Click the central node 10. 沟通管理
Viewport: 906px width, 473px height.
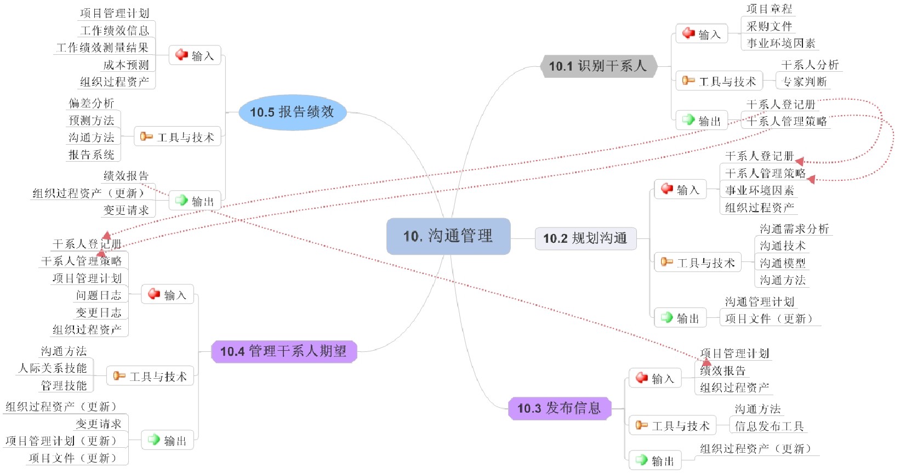tap(448, 236)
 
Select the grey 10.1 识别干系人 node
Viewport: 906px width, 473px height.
tap(598, 66)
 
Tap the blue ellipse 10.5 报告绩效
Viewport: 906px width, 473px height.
tap(292, 112)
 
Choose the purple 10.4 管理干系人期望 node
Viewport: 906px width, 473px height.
tap(283, 351)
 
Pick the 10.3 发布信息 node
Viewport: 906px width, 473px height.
tap(559, 408)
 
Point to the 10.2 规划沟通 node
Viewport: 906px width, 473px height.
tap(585, 238)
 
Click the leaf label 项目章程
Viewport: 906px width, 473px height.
tap(769, 9)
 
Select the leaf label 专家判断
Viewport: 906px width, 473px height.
tap(804, 82)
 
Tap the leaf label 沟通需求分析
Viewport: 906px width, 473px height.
tap(794, 229)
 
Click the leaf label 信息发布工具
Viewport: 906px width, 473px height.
tap(769, 426)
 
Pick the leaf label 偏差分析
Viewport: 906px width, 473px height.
tap(91, 103)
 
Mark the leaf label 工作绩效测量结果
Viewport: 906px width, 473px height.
tap(102, 48)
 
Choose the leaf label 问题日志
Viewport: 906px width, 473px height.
tap(99, 295)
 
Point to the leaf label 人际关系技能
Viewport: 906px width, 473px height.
tap(53, 368)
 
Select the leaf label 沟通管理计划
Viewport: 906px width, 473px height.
tap(759, 301)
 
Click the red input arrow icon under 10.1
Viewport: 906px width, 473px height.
tap(688, 33)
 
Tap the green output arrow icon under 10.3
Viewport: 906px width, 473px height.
tap(641, 460)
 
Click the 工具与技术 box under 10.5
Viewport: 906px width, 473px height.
tap(178, 137)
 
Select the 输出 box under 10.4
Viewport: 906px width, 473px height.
tap(168, 440)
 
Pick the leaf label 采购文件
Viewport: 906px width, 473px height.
tap(769, 26)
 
